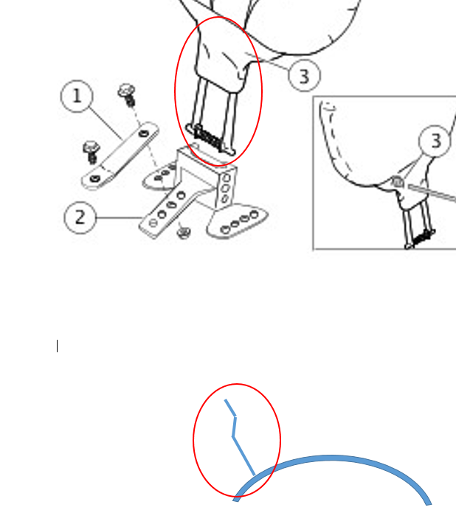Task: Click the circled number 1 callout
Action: [77, 97]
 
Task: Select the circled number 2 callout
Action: [80, 217]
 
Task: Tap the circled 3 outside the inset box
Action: [304, 76]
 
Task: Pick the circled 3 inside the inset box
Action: [435, 141]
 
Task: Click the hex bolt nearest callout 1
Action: [128, 95]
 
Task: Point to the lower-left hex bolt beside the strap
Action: [91, 152]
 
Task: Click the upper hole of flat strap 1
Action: [144, 133]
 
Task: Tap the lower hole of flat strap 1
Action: [95, 179]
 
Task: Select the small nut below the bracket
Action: [183, 231]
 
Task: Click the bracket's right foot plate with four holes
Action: [238, 221]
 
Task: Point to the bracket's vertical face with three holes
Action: [227, 188]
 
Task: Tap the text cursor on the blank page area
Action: [58, 346]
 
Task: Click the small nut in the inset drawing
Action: [398, 182]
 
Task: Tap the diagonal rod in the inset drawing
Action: [432, 194]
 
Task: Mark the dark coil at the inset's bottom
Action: [422, 237]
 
